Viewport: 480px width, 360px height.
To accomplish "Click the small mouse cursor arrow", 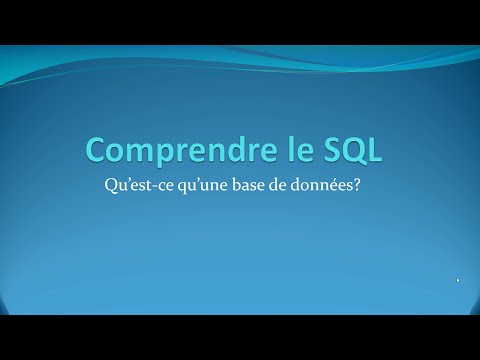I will click(458, 281).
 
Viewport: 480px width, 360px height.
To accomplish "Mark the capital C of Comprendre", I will click(96, 150).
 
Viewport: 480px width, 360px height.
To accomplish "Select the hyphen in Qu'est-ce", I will click(159, 187).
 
